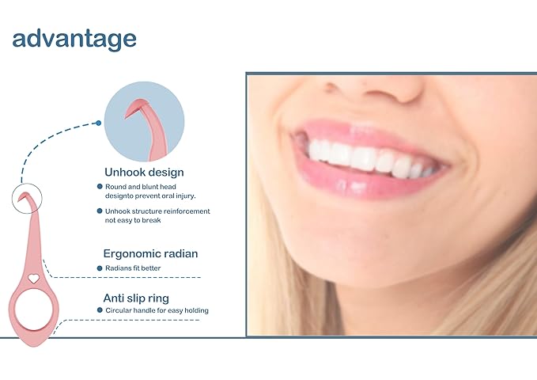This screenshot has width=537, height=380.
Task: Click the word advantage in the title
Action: pos(74,39)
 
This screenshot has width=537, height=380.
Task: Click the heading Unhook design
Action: pos(144,172)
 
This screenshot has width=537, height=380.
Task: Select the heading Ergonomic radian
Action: pos(150,254)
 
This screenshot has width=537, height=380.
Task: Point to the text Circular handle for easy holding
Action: pos(157,310)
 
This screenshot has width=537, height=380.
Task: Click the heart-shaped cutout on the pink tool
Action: pos(33,279)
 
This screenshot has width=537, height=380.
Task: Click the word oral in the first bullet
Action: pos(176,196)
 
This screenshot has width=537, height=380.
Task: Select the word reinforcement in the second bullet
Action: pos(187,211)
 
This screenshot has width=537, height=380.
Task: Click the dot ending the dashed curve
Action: pos(97,123)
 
